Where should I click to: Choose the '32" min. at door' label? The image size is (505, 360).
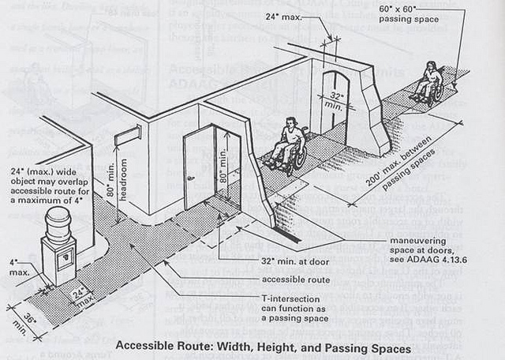point(295,258)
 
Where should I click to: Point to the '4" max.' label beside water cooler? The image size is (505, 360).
point(17,267)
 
